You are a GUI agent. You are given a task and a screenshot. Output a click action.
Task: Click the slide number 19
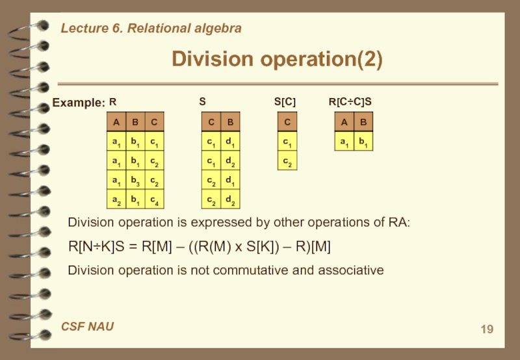487,329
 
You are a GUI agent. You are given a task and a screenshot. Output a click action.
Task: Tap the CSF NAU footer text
87,326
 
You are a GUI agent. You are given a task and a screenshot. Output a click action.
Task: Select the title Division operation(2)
277,60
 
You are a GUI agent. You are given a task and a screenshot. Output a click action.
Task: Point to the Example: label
78,103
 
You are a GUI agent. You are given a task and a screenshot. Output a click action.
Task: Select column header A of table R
116,122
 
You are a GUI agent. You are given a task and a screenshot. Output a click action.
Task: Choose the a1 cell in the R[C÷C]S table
343,141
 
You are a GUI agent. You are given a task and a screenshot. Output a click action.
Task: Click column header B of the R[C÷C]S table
362,122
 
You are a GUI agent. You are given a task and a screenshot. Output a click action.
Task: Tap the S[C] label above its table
285,102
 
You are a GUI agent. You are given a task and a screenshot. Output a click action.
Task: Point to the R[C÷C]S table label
350,102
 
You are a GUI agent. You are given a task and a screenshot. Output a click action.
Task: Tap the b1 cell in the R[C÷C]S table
362,141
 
